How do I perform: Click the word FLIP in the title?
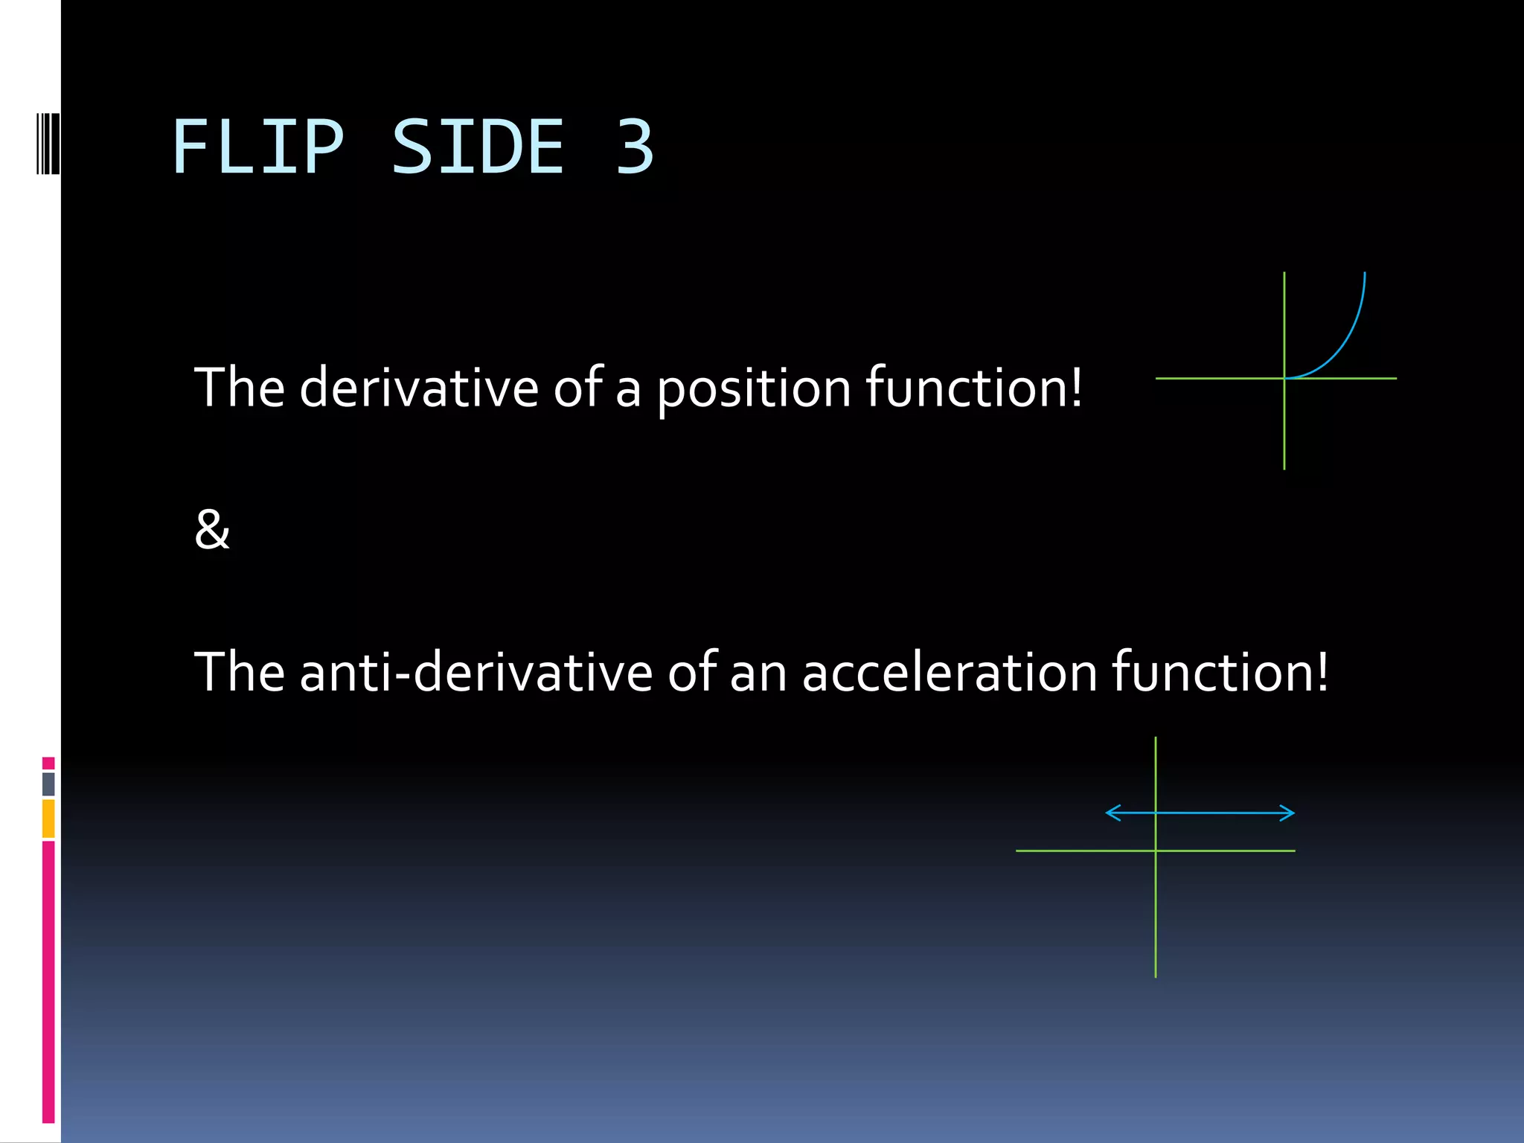pyautogui.click(x=257, y=148)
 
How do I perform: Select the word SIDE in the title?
pyautogui.click(x=478, y=148)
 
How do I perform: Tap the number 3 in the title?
pyautogui.click(x=634, y=148)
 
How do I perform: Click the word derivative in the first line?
pyautogui.click(x=418, y=388)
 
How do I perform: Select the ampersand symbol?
pyautogui.click(x=212, y=530)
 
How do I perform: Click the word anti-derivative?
pyautogui.click(x=476, y=672)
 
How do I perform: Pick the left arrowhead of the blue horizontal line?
pyautogui.click(x=1112, y=813)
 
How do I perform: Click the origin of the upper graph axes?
pyautogui.click(x=1284, y=379)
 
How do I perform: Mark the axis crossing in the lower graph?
pyautogui.click(x=1156, y=851)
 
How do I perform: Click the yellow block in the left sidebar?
pyautogui.click(x=48, y=818)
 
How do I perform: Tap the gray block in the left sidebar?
pyautogui.click(x=48, y=784)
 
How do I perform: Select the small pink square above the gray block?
pyautogui.click(x=48, y=763)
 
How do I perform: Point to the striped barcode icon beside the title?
pyautogui.click(x=48, y=144)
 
